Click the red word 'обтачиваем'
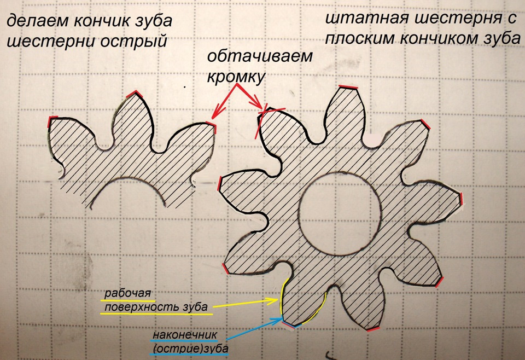pyautogui.click(x=260, y=58)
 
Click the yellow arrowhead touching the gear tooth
pyautogui.click(x=275, y=300)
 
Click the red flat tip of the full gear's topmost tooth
pyautogui.click(x=349, y=87)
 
